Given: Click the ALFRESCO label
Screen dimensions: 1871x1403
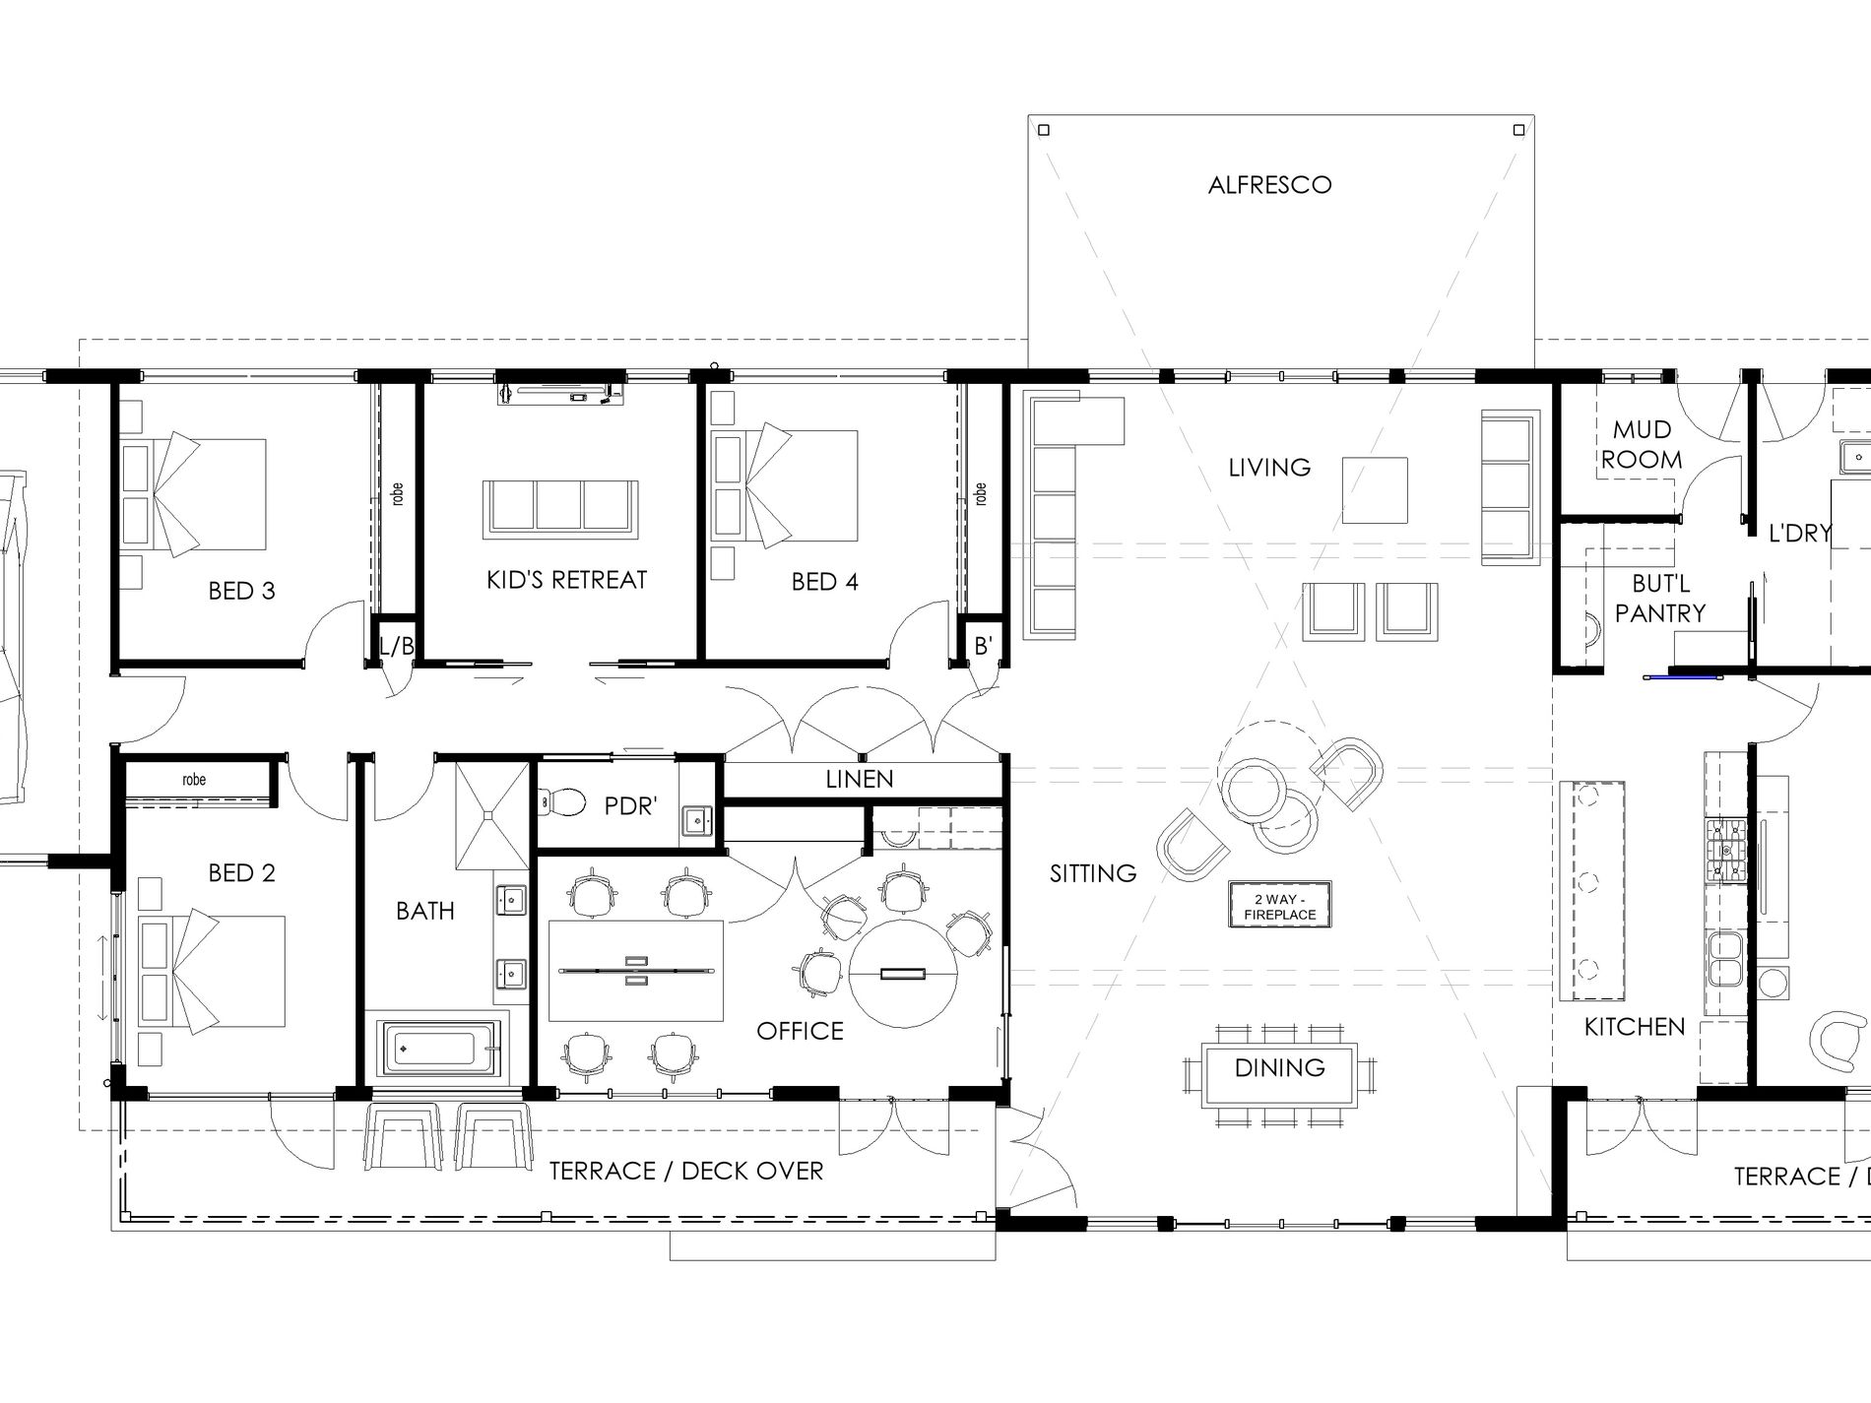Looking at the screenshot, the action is [x=1269, y=185].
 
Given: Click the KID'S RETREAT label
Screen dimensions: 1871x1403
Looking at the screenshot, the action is [x=566, y=580].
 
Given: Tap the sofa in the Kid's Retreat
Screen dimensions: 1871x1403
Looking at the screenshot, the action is [x=560, y=509].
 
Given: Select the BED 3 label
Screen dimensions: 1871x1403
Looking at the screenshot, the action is [x=241, y=591].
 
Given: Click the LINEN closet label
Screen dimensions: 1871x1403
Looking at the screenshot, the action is [x=860, y=780].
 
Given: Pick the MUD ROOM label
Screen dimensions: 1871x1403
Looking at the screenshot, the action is [x=1642, y=444].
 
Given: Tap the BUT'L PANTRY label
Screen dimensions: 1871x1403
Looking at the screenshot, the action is [x=1660, y=599].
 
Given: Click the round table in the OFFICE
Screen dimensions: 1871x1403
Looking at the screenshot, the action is [x=903, y=973].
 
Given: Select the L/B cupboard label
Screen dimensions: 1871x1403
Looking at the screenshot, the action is [x=397, y=646].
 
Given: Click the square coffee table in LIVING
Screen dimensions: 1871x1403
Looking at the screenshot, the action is [x=1375, y=490].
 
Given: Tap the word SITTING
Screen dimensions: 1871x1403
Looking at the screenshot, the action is [x=1092, y=873].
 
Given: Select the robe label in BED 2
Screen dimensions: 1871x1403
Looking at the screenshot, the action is [x=194, y=780].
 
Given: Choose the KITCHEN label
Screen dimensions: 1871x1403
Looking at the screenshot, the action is [x=1635, y=1027].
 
